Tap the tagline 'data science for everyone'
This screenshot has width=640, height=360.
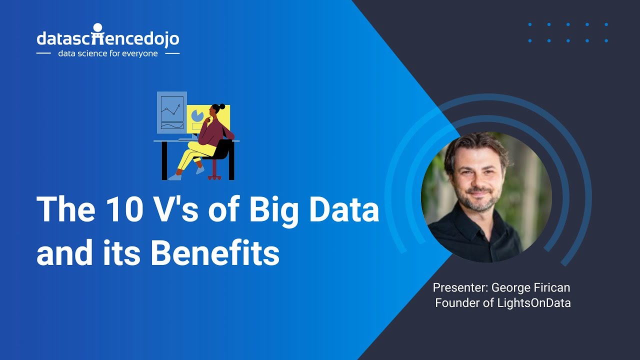click(108, 53)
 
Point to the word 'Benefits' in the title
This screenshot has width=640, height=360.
click(214, 253)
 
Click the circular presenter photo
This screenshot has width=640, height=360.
click(486, 197)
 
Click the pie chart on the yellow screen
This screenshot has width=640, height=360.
click(197, 115)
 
